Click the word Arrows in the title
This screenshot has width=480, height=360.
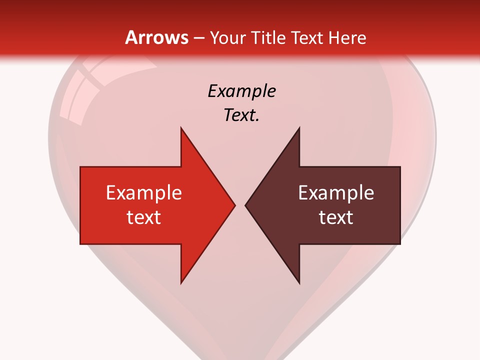(x=156, y=37)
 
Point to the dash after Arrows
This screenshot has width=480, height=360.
(x=198, y=38)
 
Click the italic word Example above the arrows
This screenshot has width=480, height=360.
(x=241, y=91)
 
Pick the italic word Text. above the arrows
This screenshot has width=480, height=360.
(x=241, y=115)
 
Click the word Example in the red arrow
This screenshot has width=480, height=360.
(x=143, y=192)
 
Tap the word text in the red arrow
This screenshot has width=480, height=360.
(x=143, y=217)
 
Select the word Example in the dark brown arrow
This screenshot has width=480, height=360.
(x=336, y=192)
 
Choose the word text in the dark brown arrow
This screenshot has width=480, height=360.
(x=336, y=217)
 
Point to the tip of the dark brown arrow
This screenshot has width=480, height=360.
(x=246, y=205)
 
